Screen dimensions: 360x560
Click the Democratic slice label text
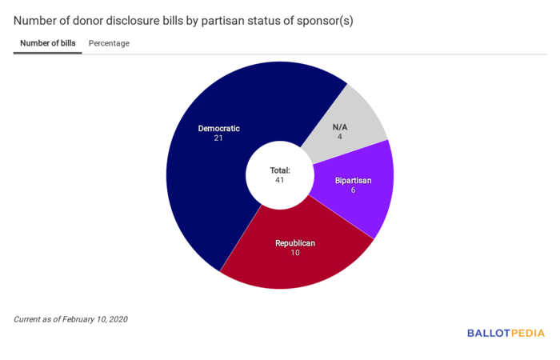218,128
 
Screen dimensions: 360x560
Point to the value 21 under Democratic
218,138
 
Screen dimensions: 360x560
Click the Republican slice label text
295,243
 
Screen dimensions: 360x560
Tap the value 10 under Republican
295,254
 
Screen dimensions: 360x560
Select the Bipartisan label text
353,180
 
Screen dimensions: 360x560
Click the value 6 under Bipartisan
353,190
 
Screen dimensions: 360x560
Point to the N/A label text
340,127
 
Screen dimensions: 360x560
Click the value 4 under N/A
340,138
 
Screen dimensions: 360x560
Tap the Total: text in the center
279,170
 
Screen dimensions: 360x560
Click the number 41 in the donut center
279,180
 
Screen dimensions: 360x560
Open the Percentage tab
109,43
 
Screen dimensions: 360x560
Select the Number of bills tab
48,43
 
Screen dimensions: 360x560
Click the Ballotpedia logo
506,333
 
